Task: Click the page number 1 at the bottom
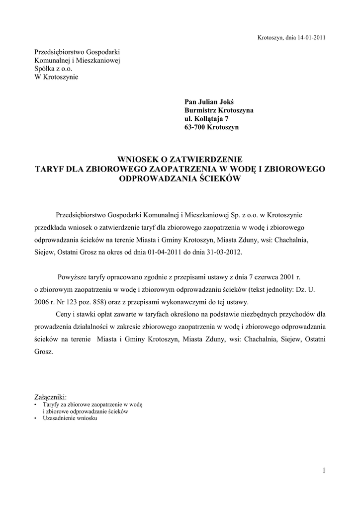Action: pyautogui.click(x=323, y=470)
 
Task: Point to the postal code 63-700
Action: pyautogui.click(x=195, y=127)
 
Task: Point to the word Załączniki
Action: pyautogui.click(x=50, y=397)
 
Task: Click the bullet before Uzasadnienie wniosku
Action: pyautogui.click(x=36, y=419)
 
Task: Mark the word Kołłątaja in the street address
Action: pyautogui.click(x=208, y=119)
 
